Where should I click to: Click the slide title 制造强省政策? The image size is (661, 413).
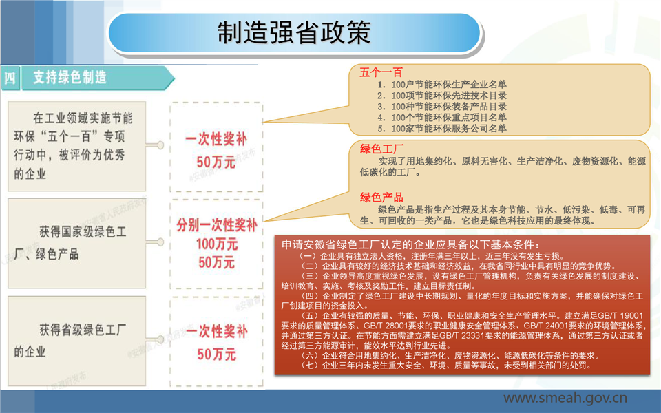[x=294, y=33]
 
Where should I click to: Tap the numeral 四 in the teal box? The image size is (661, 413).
[x=10, y=78]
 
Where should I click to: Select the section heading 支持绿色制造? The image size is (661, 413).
[x=70, y=78]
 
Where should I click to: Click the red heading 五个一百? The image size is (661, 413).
[x=381, y=72]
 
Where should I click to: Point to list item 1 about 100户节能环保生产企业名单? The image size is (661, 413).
[x=442, y=84]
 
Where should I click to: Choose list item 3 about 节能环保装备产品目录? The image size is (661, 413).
[x=442, y=107]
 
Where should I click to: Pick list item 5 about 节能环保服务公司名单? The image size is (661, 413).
[x=442, y=129]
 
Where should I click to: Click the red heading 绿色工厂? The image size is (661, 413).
[x=381, y=149]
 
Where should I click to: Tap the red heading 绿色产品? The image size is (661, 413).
[x=381, y=198]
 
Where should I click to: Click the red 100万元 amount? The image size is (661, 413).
[x=217, y=244]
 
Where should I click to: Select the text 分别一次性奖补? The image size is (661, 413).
[x=217, y=225]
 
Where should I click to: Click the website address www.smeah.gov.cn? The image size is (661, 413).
[x=565, y=398]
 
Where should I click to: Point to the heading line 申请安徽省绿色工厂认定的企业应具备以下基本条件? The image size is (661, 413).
[x=410, y=244]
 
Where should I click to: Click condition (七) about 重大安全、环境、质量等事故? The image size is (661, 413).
[x=444, y=365]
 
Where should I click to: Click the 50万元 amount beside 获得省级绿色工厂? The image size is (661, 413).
[x=216, y=354]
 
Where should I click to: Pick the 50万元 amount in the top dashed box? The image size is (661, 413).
[x=216, y=162]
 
